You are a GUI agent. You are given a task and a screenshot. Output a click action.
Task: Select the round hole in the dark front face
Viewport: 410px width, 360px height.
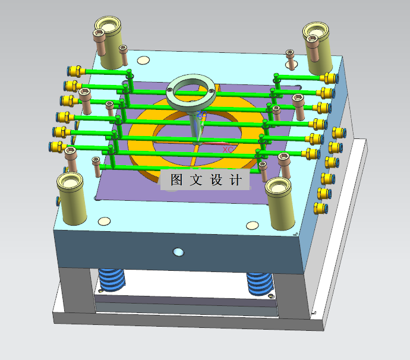point(179,252)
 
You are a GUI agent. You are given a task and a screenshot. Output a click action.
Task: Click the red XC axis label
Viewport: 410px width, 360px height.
point(228,150)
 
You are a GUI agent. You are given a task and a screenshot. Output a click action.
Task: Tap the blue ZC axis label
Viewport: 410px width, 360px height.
point(201,114)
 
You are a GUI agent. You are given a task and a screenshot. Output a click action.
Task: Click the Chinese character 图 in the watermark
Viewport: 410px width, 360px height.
point(176,179)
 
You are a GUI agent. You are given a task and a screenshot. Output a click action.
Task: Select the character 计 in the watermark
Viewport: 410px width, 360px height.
point(235,180)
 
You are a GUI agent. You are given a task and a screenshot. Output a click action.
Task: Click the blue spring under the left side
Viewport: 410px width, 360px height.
point(112,280)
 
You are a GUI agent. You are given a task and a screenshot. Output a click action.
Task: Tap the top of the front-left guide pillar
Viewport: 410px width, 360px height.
point(70,182)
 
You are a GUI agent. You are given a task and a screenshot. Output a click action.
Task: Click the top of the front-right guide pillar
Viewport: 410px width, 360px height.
point(278,187)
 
